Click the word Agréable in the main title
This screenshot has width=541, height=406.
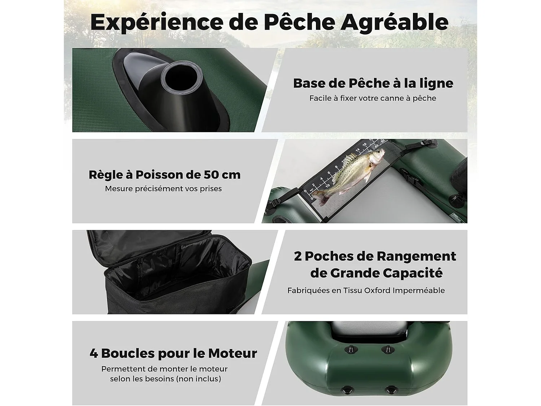click(395, 22)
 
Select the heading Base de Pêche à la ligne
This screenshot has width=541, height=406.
click(373, 83)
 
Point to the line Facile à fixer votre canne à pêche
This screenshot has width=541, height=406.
click(373, 98)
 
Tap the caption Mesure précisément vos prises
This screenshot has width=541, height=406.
click(163, 189)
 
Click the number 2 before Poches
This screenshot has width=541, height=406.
click(298, 256)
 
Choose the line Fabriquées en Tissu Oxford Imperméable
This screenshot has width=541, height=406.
click(366, 291)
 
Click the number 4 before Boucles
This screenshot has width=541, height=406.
click(94, 353)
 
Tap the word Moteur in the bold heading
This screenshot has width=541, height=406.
click(233, 353)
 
